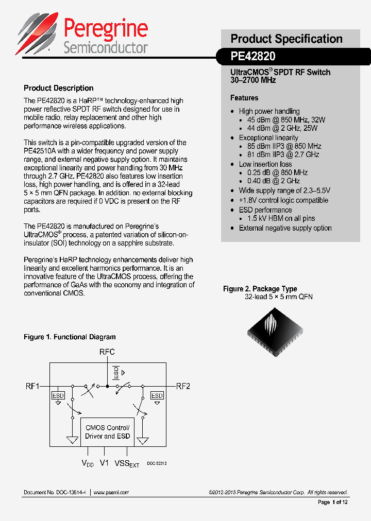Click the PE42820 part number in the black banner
point(253,56)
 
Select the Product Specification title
point(286,39)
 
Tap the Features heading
point(244,98)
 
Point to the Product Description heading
point(59,88)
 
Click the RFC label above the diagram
point(107,352)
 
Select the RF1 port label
point(32,386)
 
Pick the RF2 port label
point(183,386)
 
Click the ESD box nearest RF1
point(58,395)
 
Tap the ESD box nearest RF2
point(157,395)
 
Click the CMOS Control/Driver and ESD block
point(108,432)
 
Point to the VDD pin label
point(88,463)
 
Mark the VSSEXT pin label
point(127,463)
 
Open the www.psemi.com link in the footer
point(111,493)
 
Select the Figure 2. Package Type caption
point(260,289)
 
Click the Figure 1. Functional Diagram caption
point(70,337)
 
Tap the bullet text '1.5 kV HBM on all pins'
point(285,219)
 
